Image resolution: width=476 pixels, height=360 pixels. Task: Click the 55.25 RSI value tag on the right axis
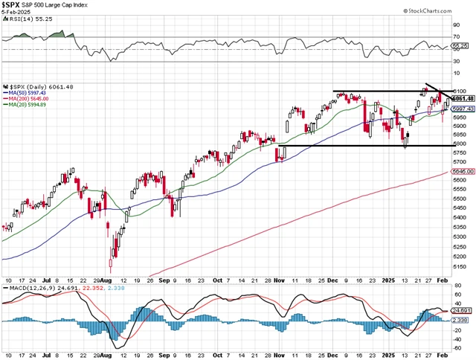460,45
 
